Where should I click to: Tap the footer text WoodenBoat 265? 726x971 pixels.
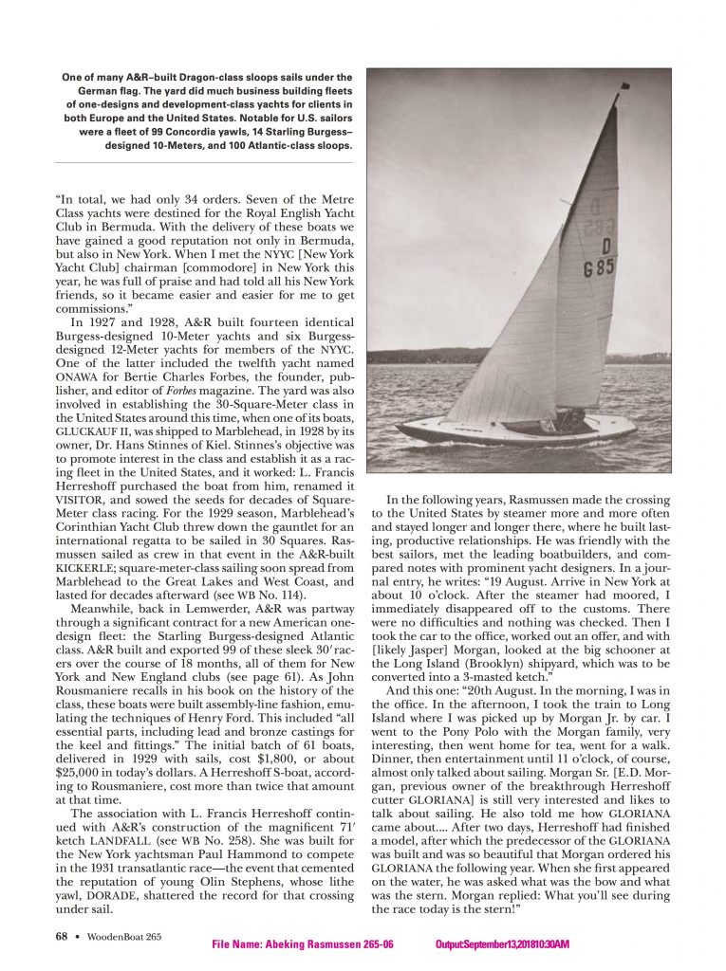(119, 937)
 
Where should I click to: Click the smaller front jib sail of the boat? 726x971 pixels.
(503, 351)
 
